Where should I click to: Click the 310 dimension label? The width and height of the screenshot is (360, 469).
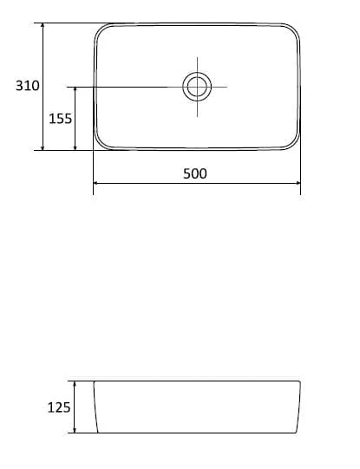pos(28,86)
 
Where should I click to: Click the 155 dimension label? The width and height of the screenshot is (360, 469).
pos(60,119)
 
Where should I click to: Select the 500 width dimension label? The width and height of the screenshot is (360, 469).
pos(195,173)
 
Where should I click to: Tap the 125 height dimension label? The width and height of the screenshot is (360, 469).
pos(59,407)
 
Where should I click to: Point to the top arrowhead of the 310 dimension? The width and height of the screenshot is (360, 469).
pos(43,25)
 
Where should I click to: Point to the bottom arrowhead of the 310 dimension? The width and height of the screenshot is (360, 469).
pos(43,147)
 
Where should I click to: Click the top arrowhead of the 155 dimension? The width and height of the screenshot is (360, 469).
pos(75,90)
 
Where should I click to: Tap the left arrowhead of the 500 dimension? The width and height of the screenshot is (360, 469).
pos(95,183)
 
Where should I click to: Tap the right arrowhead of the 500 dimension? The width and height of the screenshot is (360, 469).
pos(298,183)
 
